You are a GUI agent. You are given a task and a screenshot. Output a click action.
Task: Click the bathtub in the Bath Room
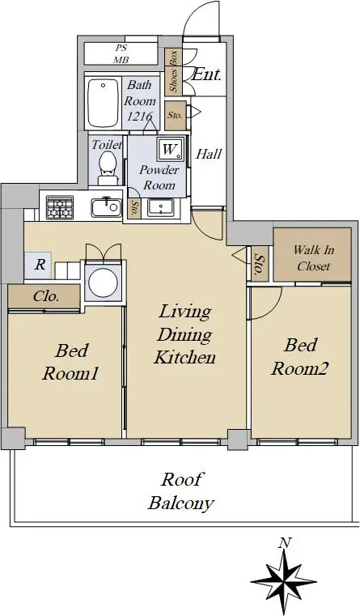tap(103, 103)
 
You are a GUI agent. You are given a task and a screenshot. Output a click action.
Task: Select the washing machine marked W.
tap(171, 149)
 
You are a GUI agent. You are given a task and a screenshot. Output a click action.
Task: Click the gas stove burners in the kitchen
tap(60, 207)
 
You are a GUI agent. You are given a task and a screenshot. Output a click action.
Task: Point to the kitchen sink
tap(107, 208)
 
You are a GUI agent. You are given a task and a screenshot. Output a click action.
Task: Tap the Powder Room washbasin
tap(160, 207)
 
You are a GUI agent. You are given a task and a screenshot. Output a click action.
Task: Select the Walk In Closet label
tap(314, 257)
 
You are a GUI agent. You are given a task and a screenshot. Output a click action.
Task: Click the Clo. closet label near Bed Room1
tap(46, 296)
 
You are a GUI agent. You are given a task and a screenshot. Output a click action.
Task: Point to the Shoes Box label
tap(173, 71)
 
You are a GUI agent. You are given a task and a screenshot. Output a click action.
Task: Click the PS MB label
tap(121, 54)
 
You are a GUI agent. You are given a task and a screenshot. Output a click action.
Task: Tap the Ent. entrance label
tap(206, 74)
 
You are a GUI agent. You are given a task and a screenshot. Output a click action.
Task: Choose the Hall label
tap(209, 154)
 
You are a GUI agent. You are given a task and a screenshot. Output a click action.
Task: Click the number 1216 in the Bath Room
tap(139, 117)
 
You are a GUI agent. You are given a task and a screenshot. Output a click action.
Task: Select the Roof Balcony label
tap(181, 491)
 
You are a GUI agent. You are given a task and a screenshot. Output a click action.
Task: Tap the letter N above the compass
tap(284, 543)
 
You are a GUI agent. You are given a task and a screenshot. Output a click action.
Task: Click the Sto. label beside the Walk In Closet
tap(259, 265)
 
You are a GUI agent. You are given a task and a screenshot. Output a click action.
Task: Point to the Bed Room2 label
tap(300, 357)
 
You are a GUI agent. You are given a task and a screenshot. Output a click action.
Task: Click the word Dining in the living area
tap(184, 335)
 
